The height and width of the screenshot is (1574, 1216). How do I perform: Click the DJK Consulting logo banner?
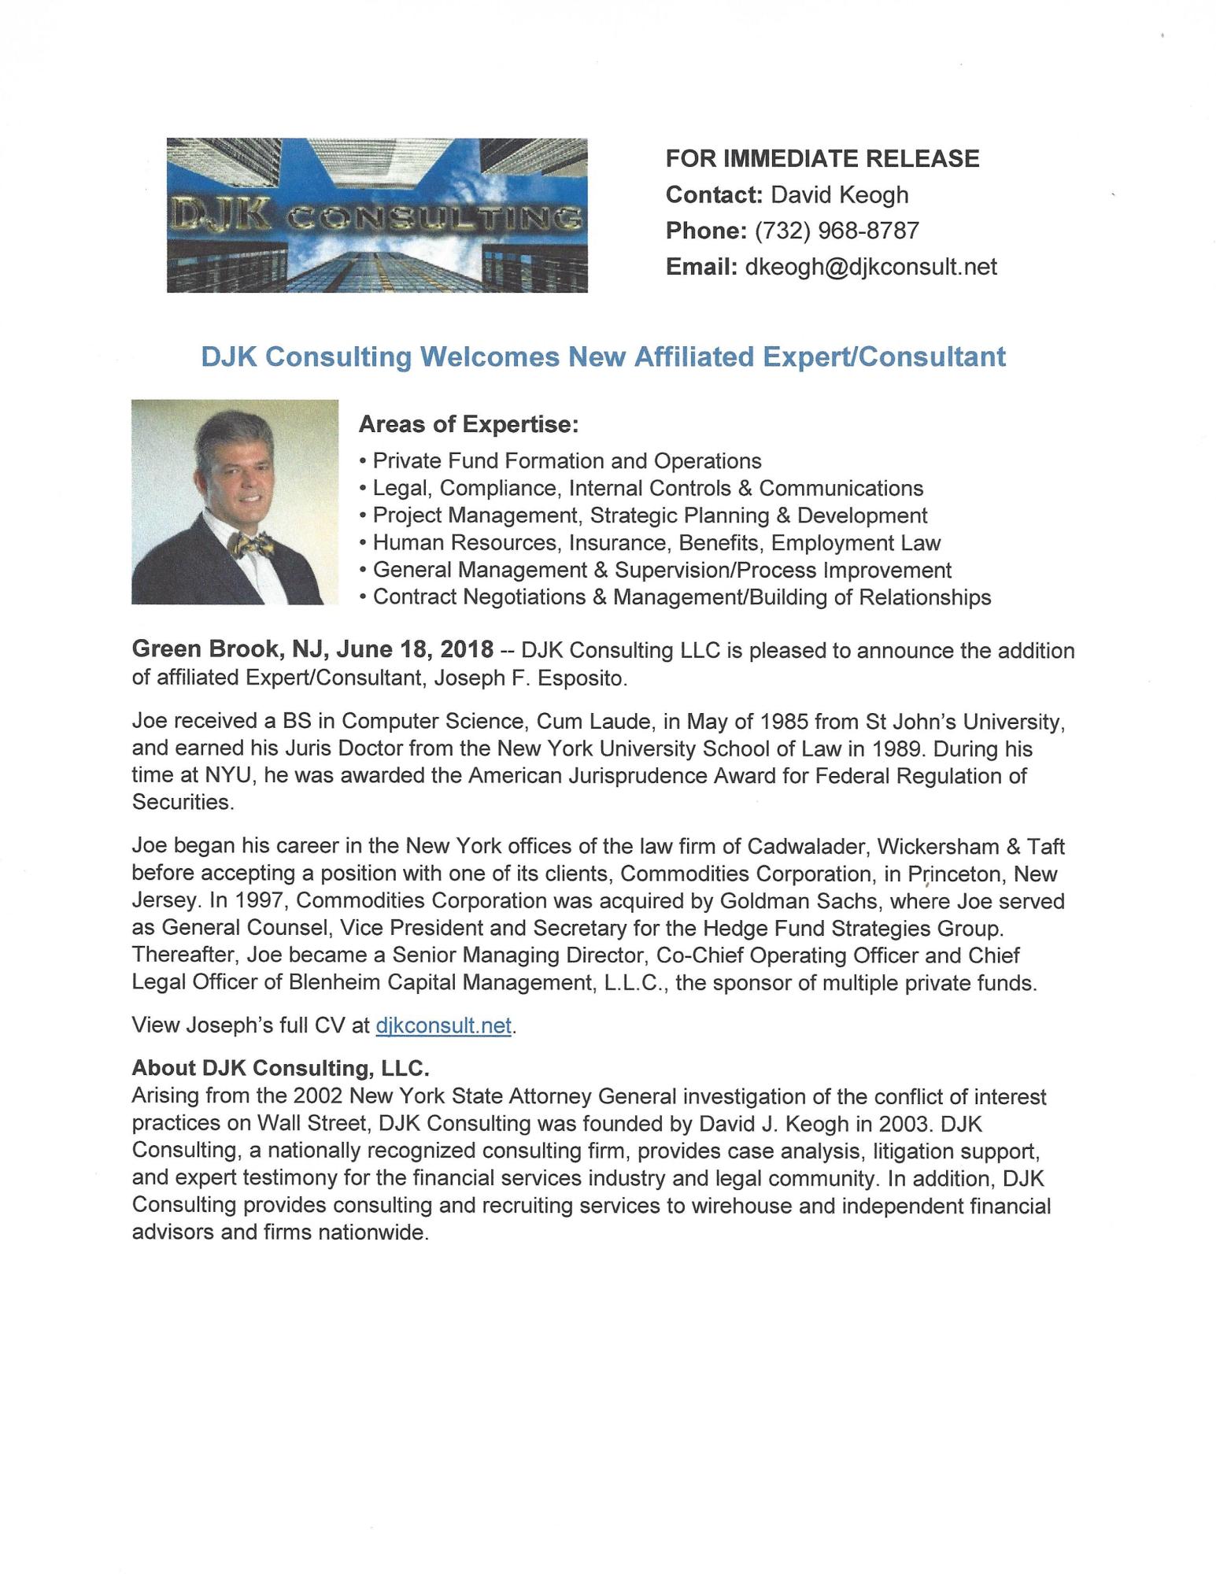coord(377,215)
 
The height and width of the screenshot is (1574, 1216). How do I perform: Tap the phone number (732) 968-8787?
coord(836,231)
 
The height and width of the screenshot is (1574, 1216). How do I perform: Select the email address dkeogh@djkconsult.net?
coord(870,267)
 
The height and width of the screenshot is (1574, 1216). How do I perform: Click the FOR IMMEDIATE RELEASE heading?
coord(822,158)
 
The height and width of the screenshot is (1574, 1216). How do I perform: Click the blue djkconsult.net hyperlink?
coord(444,1025)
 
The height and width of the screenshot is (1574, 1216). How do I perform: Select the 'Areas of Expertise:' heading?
coord(468,425)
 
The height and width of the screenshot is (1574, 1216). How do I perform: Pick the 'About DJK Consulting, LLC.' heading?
coord(280,1068)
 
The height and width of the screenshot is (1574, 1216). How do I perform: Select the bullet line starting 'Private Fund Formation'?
coord(567,460)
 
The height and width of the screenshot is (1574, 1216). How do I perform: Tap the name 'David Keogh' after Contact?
coord(839,194)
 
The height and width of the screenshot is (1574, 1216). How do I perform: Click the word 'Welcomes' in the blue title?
coord(490,357)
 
